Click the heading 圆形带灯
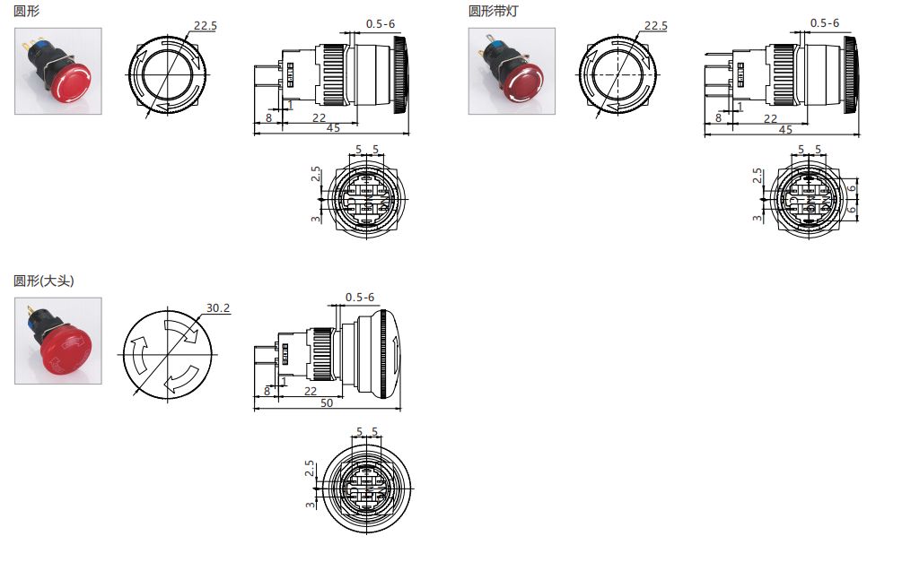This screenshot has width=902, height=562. click(494, 12)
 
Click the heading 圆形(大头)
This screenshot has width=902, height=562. click(44, 281)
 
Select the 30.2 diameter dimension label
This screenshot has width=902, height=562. click(218, 307)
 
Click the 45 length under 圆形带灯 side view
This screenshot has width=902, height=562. click(784, 130)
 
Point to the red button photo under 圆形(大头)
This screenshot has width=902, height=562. click(58, 341)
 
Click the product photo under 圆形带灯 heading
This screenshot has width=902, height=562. click(512, 71)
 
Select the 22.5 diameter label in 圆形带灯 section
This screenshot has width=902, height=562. click(656, 26)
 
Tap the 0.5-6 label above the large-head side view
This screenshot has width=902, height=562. click(359, 298)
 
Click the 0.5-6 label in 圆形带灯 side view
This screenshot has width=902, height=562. click(824, 22)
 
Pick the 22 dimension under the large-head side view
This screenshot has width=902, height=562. click(310, 392)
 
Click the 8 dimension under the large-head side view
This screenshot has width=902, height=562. click(267, 392)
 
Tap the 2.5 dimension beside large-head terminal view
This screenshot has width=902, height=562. click(310, 469)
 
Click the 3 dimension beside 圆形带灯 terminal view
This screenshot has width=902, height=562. click(758, 218)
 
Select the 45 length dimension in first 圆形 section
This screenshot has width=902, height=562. click(332, 130)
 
